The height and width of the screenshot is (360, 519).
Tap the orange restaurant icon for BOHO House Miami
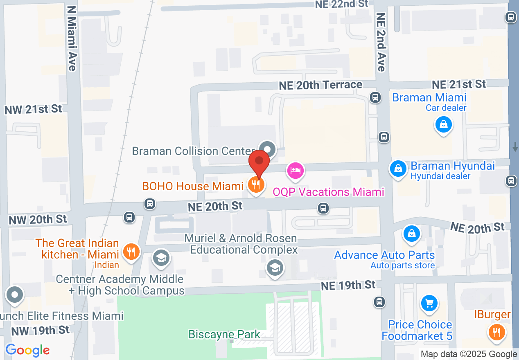256,185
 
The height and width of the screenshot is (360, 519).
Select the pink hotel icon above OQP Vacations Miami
296,170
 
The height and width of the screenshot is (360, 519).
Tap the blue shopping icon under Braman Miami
443,124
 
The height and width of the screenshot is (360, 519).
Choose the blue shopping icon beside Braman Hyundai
397,168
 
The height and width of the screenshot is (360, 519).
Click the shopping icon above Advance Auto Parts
412,234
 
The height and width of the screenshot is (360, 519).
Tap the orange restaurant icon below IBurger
497,332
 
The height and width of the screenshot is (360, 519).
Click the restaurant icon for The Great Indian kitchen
131,252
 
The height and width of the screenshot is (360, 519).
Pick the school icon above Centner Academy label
162,258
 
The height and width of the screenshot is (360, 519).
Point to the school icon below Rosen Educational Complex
275,268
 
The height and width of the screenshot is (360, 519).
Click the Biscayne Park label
224,334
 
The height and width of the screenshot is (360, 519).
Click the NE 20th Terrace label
320,85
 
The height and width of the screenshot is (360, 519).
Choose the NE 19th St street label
348,285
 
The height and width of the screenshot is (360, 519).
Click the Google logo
27,350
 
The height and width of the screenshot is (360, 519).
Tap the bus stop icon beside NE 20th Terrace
375,97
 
